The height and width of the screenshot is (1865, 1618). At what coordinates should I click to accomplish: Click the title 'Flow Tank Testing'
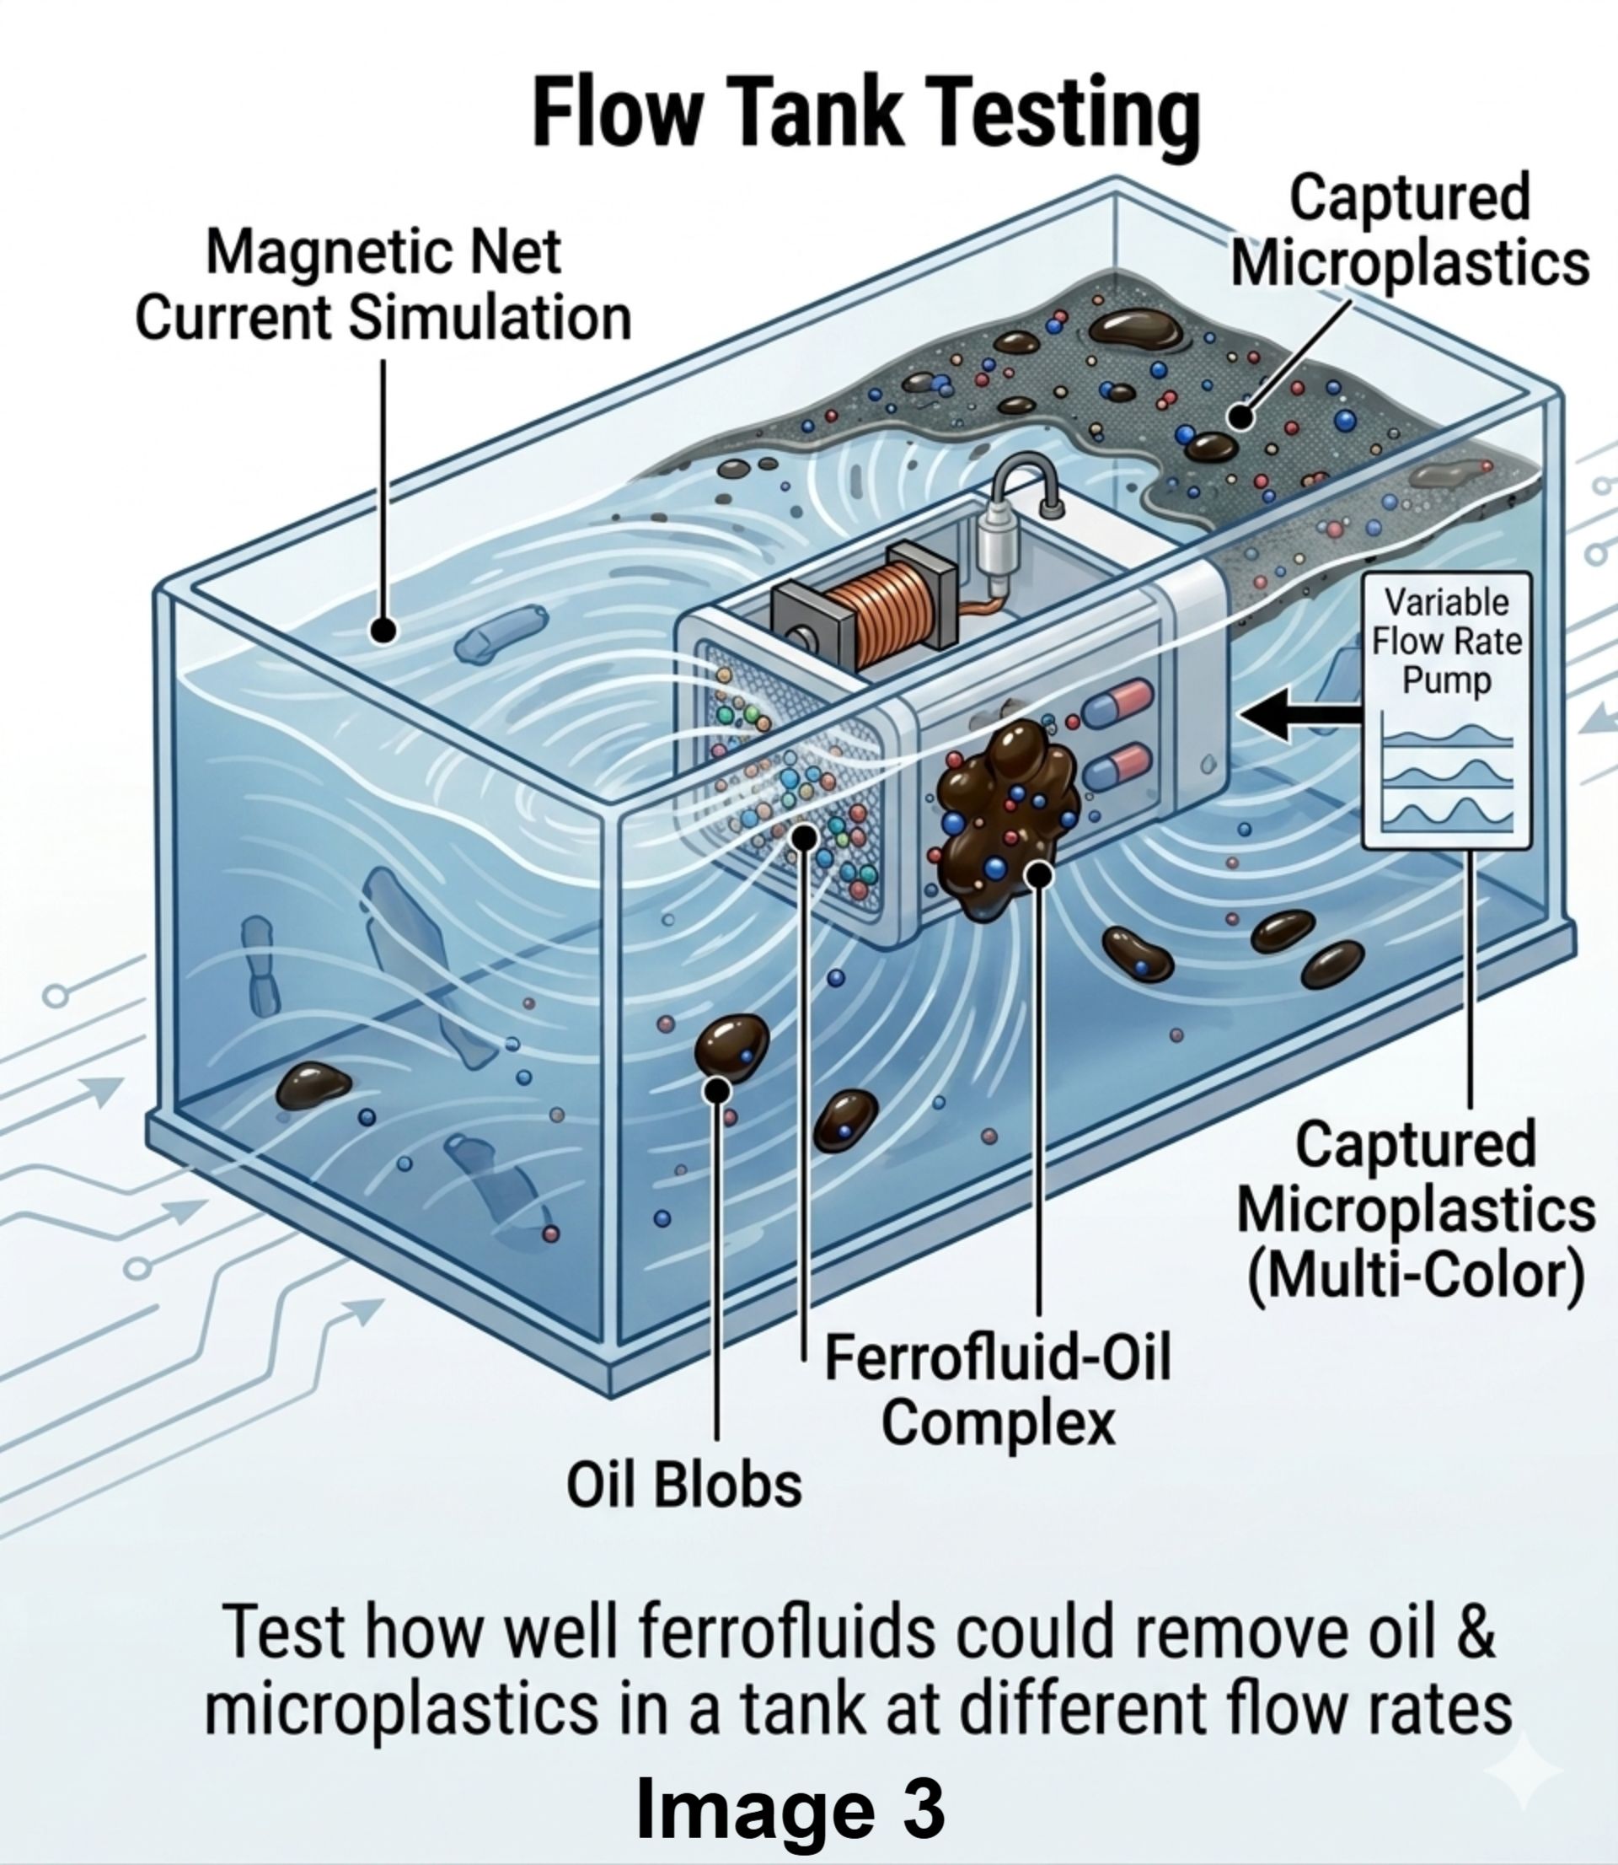point(866,112)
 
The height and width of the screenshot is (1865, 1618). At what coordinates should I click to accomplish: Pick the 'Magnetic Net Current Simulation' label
point(383,285)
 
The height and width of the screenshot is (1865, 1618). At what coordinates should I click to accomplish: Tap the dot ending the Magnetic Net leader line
point(383,630)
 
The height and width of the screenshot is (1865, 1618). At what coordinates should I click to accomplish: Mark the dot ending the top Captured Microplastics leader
point(1241,417)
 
